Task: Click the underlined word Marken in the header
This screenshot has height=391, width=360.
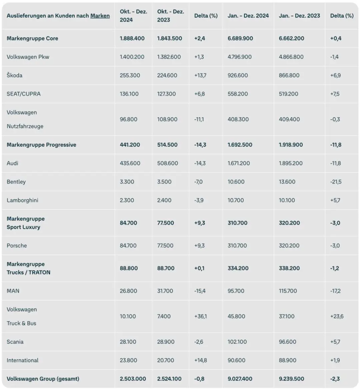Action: (100, 16)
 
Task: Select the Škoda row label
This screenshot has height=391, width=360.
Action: (14, 76)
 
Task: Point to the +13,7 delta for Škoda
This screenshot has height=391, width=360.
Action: (200, 76)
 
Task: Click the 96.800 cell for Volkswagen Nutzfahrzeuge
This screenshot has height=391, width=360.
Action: (128, 119)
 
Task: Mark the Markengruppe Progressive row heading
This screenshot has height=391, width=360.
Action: (41, 145)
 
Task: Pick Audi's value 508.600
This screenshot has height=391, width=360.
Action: (167, 163)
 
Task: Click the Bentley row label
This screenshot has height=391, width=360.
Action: (16, 182)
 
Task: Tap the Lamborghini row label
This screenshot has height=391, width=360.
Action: (23, 200)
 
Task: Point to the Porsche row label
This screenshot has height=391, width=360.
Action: (16, 246)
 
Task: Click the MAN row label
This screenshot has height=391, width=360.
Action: (13, 291)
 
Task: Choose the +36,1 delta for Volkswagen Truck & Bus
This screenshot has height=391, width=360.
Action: (200, 316)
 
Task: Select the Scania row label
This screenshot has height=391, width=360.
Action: (15, 342)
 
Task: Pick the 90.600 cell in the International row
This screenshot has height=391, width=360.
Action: (237, 360)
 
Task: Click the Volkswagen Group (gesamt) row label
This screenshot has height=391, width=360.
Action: (43, 379)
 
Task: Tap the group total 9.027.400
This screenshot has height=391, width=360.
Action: (240, 379)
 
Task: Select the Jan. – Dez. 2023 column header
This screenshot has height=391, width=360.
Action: (299, 16)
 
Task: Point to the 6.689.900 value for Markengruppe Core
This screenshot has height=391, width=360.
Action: (240, 38)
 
